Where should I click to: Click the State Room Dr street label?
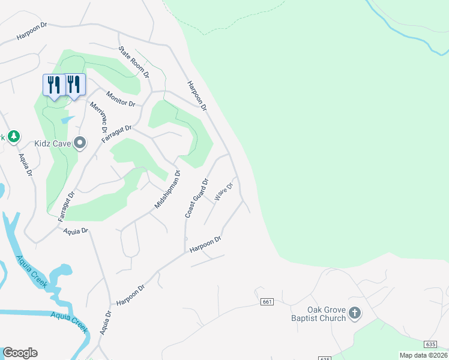point(133,62)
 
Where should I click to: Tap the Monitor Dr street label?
point(121,99)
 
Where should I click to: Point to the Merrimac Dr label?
point(98,118)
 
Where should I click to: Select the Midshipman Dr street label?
point(167,190)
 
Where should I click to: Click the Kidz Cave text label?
point(53,143)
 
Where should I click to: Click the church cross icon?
point(355,313)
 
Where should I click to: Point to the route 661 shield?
point(267,301)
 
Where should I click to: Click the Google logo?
point(20,353)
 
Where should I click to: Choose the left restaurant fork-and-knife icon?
point(54,85)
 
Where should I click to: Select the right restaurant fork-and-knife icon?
point(74,85)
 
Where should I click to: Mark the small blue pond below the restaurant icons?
point(67,120)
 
